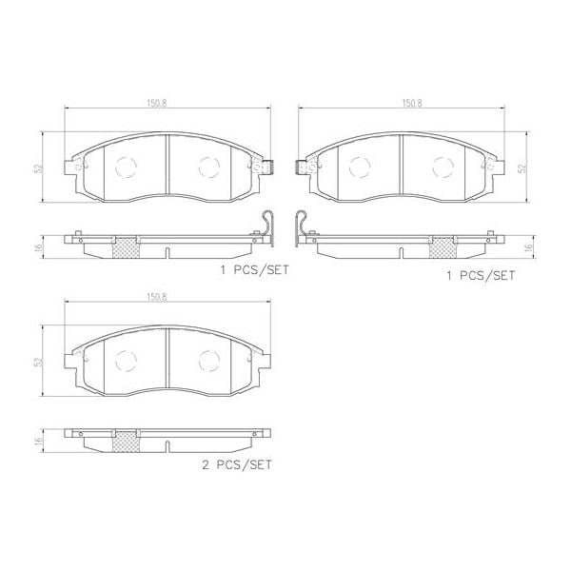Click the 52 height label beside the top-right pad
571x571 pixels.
pos(522,168)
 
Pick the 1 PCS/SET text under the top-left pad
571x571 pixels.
pos(253,270)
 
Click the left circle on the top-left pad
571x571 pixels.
pos(125,167)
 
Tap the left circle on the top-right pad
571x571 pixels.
pos(360,167)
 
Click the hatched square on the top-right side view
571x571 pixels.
pos(442,247)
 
